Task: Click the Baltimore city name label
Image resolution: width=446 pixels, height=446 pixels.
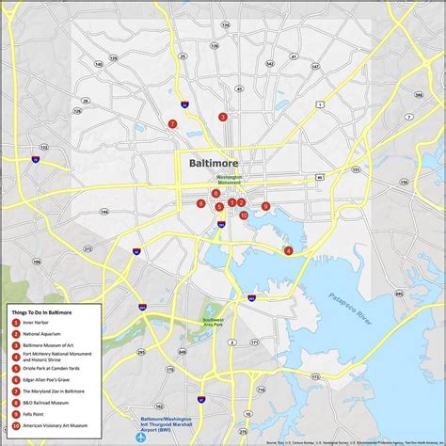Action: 214,162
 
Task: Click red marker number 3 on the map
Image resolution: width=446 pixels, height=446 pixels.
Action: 223,118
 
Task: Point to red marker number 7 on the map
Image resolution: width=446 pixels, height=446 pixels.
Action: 172,124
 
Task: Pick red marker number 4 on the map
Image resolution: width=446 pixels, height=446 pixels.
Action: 288,250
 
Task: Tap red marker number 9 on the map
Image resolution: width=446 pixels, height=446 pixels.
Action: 265,206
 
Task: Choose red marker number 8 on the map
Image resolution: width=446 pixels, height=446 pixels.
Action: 200,203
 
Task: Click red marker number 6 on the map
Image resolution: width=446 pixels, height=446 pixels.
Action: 215,193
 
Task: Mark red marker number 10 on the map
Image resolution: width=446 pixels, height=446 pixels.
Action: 244,215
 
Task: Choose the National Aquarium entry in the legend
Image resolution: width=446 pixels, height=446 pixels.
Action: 41,333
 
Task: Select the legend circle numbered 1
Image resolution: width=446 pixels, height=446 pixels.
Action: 16,322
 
